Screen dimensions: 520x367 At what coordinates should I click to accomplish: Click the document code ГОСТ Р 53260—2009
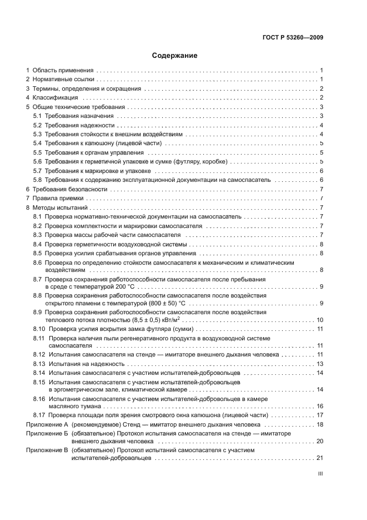(293, 38)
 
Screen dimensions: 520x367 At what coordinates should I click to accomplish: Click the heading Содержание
(175, 56)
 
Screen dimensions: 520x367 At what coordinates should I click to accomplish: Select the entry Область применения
(63, 71)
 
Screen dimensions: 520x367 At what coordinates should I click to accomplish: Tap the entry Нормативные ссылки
(63, 80)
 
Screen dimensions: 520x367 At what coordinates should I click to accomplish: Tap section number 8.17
(39, 415)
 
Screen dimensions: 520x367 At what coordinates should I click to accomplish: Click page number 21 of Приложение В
(320, 458)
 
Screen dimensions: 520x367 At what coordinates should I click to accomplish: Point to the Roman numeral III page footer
(320, 474)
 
